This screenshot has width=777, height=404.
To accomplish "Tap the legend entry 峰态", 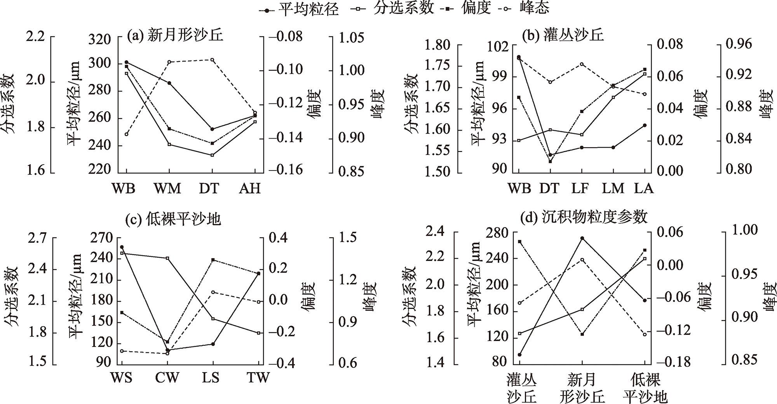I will click(535, 8).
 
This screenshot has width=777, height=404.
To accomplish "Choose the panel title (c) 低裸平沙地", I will click(173, 219).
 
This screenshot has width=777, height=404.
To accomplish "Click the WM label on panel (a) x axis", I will click(168, 189).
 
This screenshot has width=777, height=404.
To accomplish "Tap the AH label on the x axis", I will click(249, 189).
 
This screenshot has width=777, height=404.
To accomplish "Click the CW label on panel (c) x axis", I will click(167, 378).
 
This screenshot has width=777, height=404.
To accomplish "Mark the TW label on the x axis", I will click(258, 378).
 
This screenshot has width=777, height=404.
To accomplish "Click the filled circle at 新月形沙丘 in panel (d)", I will click(582, 238).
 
